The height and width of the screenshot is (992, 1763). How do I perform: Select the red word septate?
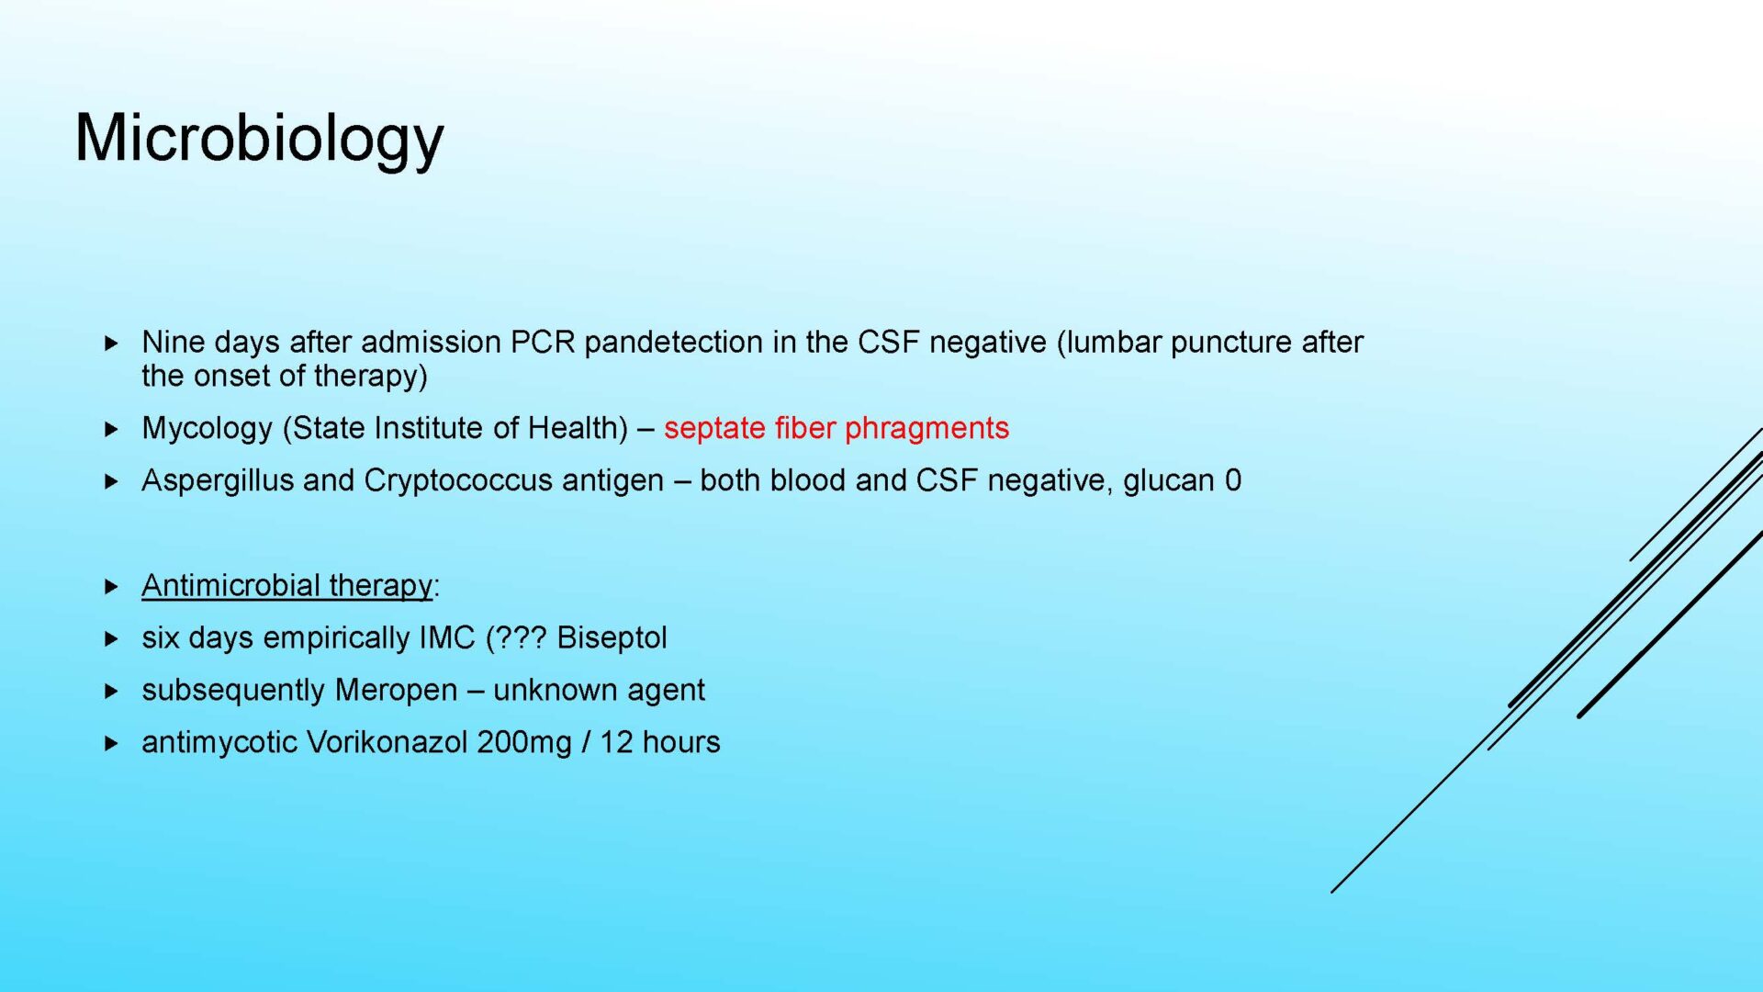714,429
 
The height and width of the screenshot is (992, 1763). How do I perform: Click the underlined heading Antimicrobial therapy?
286,585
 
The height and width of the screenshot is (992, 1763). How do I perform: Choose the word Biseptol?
612,637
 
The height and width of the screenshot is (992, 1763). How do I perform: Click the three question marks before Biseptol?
521,637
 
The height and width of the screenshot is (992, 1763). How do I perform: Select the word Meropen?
396,691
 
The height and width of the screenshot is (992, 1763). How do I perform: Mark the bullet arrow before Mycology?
112,429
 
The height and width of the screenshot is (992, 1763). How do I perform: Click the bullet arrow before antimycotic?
112,743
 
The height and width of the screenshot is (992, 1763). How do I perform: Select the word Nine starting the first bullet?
172,342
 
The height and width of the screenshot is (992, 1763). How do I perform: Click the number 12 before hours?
616,742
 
